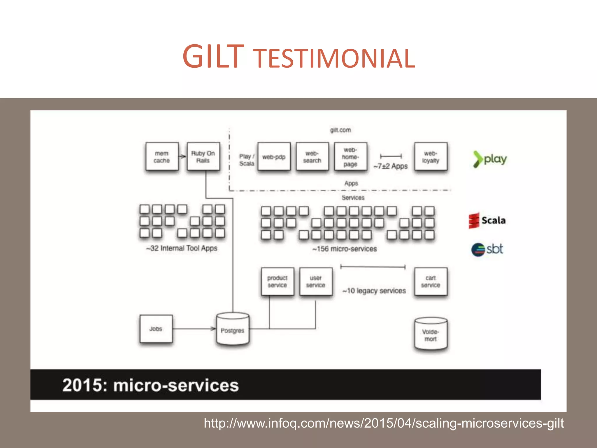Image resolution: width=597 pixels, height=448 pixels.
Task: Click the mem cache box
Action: point(162,157)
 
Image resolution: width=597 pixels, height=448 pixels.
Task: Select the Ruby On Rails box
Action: point(203,157)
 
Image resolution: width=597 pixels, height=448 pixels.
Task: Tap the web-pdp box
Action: point(274,157)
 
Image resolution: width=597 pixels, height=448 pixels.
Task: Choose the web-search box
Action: point(312,157)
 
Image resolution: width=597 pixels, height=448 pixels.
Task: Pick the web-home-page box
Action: point(350,157)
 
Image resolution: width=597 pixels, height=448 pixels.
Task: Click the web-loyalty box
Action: point(431,157)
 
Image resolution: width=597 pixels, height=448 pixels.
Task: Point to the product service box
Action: point(278,281)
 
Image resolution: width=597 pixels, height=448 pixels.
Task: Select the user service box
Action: point(316,281)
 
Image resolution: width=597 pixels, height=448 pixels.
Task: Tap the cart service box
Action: point(431,281)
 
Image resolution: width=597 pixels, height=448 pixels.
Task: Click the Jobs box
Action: point(156,329)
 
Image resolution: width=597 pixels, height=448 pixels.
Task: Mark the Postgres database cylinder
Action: point(233,330)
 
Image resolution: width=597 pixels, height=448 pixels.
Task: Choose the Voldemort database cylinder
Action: point(431,334)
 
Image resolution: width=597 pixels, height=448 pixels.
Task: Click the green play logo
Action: point(490,159)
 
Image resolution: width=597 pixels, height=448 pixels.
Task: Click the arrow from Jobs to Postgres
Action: point(194,329)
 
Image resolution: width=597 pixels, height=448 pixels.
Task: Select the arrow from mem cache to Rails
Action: point(182,157)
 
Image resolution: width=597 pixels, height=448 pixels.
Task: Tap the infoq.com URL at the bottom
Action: point(384,423)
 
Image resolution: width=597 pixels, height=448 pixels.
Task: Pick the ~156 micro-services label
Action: point(345,249)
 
